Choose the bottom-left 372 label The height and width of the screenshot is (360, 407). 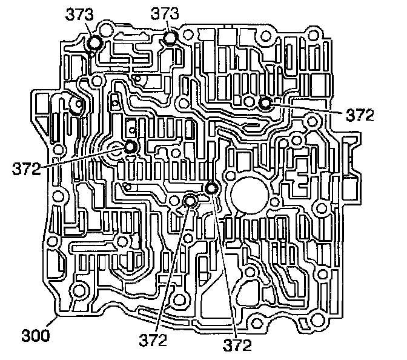click(153, 342)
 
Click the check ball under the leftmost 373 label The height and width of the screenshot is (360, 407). click(95, 42)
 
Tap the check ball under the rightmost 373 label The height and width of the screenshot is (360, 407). click(170, 38)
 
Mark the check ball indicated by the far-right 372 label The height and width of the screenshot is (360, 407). click(265, 103)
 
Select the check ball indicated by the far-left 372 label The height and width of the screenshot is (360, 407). click(130, 147)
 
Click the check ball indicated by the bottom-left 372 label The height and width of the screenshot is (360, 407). click(190, 201)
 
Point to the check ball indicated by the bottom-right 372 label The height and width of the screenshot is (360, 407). click(211, 189)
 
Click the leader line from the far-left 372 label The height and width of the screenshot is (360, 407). click(85, 158)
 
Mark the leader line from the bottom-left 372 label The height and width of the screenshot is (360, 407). click(173, 267)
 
